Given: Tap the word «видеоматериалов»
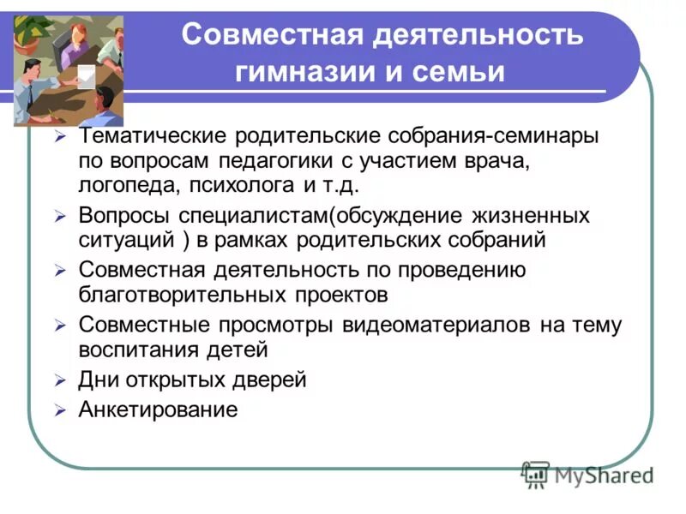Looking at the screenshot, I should (x=437, y=326).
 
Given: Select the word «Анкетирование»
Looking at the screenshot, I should (x=157, y=409).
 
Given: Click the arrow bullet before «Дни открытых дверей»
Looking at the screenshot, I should (x=60, y=380).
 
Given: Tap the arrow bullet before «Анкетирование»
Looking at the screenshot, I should (x=60, y=410).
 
